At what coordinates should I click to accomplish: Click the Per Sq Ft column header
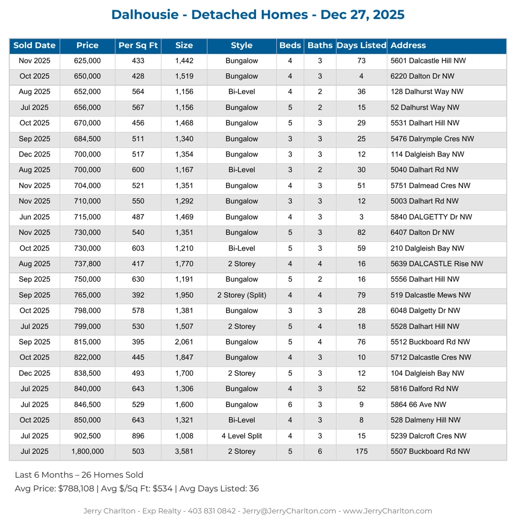point(138,46)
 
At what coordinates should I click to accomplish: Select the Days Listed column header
point(361,46)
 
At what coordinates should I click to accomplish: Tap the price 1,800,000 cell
point(87,451)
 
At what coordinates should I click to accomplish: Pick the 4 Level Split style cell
point(241,436)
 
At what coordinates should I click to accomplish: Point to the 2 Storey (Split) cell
point(241,295)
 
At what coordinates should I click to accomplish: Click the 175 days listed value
point(361,451)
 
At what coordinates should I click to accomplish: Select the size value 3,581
point(184,451)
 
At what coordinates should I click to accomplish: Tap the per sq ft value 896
point(138,436)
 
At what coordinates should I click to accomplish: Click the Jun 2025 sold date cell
point(34,217)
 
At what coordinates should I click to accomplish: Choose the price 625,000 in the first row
point(87,61)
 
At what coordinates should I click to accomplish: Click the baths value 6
point(320,451)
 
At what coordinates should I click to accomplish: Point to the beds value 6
point(290,405)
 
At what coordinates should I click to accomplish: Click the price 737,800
point(87,264)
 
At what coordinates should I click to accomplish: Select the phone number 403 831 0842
point(212,511)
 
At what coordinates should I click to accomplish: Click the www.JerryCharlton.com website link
point(387,511)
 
